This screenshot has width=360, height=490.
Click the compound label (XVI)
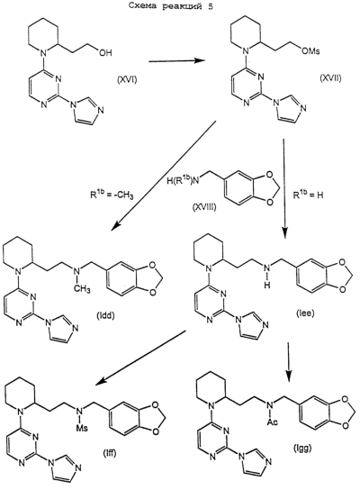[x=127, y=81]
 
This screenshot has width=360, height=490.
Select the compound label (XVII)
[x=330, y=78]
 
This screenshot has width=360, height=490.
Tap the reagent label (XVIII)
[x=204, y=207]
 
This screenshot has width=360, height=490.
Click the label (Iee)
[x=305, y=313]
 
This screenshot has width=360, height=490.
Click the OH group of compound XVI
[x=105, y=53]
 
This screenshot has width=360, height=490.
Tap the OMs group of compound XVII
[x=310, y=51]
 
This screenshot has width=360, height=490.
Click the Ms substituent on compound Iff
[x=83, y=427]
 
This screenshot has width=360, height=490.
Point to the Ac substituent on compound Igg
[x=273, y=422]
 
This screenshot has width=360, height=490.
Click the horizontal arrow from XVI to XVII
[x=177, y=61]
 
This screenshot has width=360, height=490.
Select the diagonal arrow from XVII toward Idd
[x=163, y=177]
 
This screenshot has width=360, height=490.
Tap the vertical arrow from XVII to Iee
[x=284, y=186]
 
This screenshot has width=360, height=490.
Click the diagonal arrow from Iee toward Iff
[x=140, y=358]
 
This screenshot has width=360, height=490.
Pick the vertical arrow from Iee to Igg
[x=289, y=362]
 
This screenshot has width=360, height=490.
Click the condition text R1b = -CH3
[x=111, y=195]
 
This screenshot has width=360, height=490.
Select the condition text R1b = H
[x=308, y=195]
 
